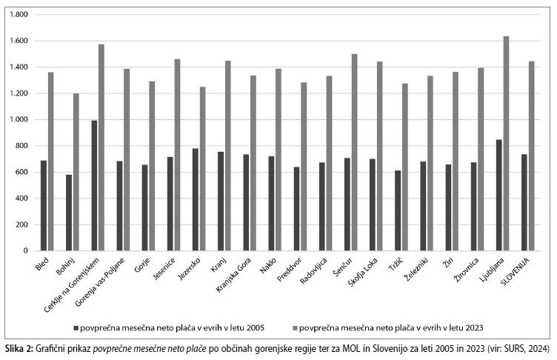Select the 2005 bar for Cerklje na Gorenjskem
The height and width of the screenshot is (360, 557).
[x=94, y=185]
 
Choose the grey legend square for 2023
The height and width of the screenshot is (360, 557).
[x=298, y=327]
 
